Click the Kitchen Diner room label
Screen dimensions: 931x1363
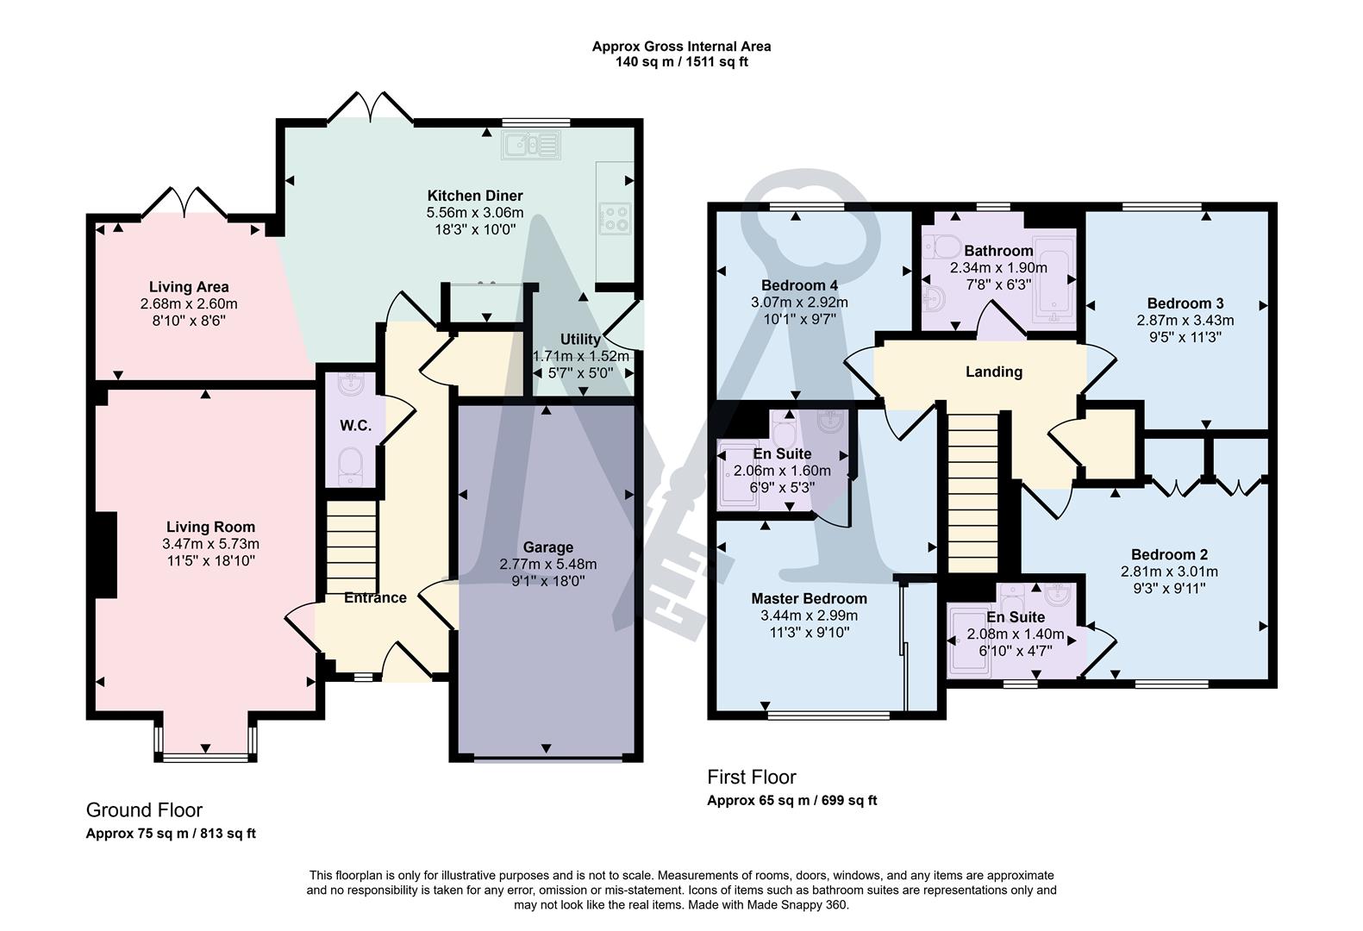pyautogui.click(x=474, y=196)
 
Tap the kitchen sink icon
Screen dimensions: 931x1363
pyautogui.click(x=532, y=145)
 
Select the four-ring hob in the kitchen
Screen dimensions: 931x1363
pyautogui.click(x=613, y=216)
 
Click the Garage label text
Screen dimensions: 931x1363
pyautogui.click(x=547, y=547)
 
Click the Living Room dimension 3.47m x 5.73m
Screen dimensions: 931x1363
pyautogui.click(x=210, y=544)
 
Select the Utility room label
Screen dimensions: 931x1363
pyautogui.click(x=580, y=340)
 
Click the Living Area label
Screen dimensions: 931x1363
pyautogui.click(x=189, y=287)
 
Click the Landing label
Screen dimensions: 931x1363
pyautogui.click(x=994, y=372)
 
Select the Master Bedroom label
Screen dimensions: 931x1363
pyautogui.click(x=809, y=598)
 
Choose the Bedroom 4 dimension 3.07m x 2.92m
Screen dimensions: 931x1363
pyautogui.click(x=799, y=303)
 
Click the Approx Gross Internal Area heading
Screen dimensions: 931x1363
pyautogui.click(x=681, y=47)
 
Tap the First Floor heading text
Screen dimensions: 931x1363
pyautogui.click(x=752, y=777)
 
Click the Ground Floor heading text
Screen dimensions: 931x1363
pyautogui.click(x=144, y=809)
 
